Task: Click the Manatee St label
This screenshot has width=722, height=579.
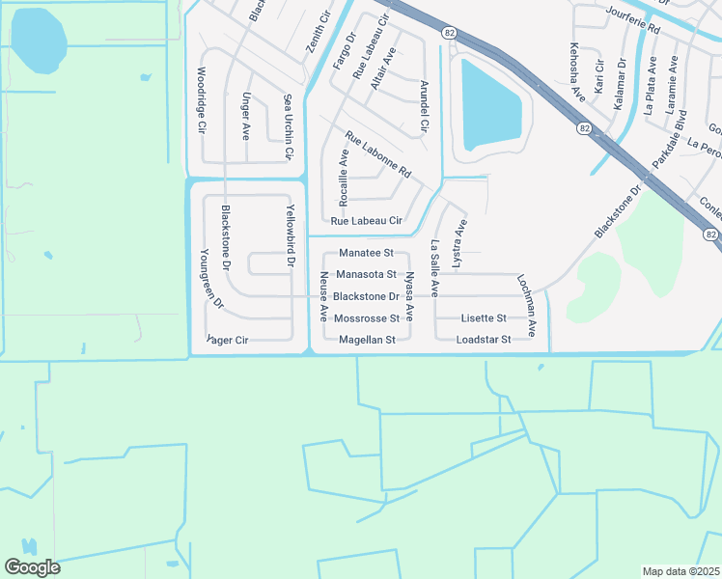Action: coord(367,253)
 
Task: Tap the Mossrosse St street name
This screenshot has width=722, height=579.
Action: coord(366,318)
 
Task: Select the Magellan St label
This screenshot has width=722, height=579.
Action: coord(367,340)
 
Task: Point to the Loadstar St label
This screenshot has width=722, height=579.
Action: coord(483,340)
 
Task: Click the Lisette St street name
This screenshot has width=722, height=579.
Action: coord(484,318)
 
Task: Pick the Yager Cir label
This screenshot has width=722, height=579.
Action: coord(229,340)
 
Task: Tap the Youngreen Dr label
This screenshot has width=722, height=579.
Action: coord(210,278)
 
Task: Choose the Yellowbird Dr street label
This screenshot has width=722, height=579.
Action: coord(290,235)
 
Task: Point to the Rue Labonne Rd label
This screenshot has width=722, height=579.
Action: coord(377,154)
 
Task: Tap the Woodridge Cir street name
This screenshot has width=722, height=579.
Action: coord(202,98)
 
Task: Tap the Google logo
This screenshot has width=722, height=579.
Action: coord(32,566)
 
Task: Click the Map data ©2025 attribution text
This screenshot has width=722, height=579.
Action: coord(681,571)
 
